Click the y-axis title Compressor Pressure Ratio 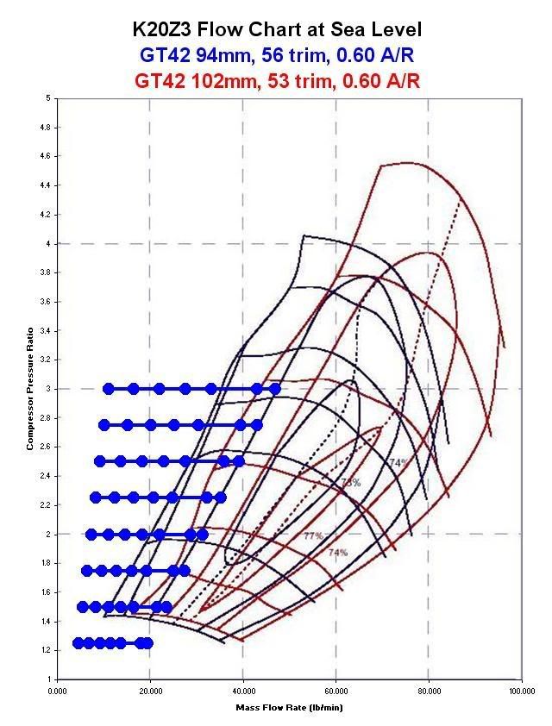29,388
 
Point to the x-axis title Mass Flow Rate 275,707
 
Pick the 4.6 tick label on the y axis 45,156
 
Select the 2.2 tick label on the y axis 45,505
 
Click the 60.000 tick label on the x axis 336,691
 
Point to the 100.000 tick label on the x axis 521,691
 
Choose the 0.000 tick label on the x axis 57,691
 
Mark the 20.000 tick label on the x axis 150,691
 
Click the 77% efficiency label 313,536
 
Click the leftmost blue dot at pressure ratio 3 108,389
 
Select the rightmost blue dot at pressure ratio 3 275,389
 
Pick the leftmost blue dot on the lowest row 78,642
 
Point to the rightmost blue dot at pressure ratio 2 203,535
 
